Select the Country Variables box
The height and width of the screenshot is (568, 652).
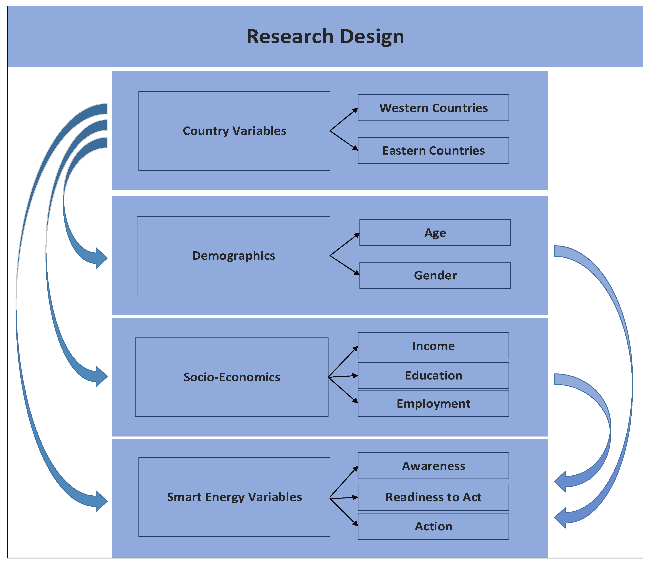pyautogui.click(x=234, y=131)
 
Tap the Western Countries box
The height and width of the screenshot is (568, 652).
pyautogui.click(x=433, y=108)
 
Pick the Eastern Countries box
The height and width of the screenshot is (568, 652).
pyautogui.click(x=433, y=151)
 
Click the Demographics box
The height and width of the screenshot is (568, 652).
pyautogui.click(x=233, y=255)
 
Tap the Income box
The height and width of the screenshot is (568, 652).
pyautogui.click(x=433, y=346)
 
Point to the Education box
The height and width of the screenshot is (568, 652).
pyautogui.click(x=433, y=375)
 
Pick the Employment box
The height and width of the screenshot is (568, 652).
pyautogui.click(x=433, y=403)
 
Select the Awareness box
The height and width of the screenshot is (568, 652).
pyautogui.click(x=433, y=466)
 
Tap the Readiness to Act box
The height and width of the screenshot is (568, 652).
pyautogui.click(x=433, y=497)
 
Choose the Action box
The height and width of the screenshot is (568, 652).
pyautogui.click(x=433, y=526)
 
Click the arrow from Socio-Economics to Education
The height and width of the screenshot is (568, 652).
pyautogui.click(x=343, y=376)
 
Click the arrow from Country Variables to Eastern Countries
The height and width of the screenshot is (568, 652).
pyautogui.click(x=344, y=140)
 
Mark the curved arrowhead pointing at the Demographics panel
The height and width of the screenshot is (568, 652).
pyautogui.click(x=101, y=258)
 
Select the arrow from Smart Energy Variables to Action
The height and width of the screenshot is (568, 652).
pyautogui.click(x=344, y=512)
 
